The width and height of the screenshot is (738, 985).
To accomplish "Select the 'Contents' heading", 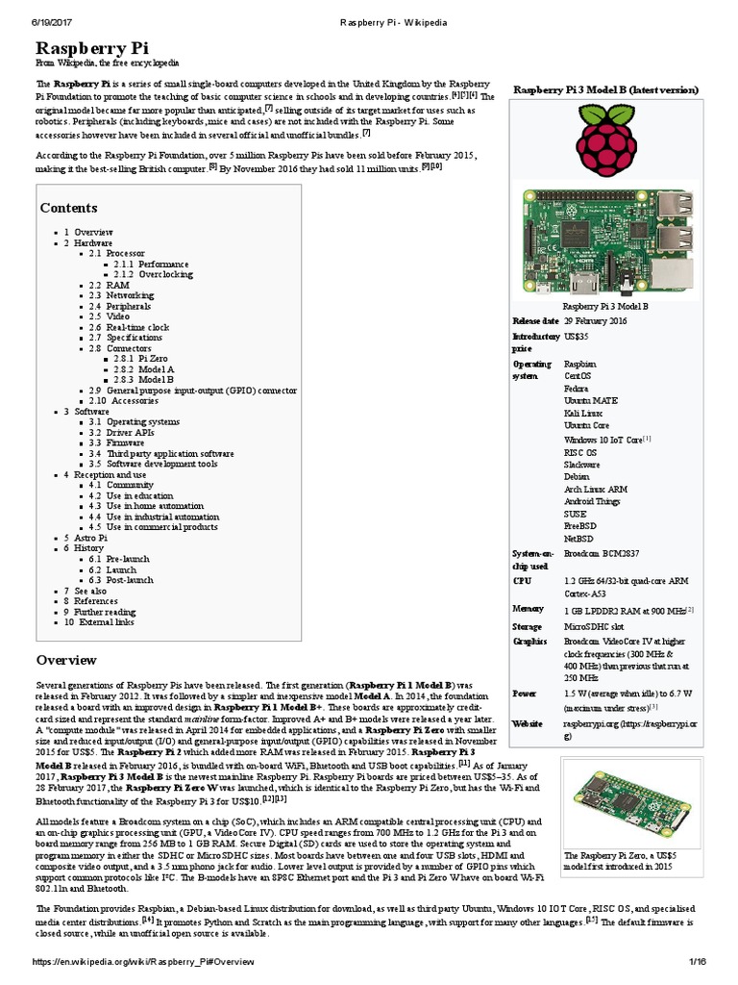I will (x=68, y=208).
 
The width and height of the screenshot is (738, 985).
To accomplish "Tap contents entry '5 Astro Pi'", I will (x=86, y=538).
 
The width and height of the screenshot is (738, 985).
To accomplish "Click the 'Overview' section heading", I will (x=66, y=660).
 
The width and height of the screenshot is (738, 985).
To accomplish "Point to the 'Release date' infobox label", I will (x=535, y=320).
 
